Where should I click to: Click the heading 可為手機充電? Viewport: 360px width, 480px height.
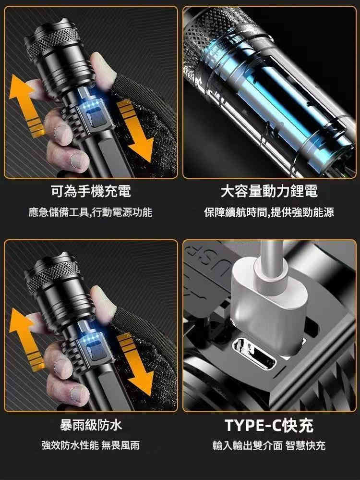coord(91,191)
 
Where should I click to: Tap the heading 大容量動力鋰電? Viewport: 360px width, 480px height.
coord(269,191)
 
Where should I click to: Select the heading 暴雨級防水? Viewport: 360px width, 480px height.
coord(91,425)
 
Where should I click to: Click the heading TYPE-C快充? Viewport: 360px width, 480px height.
coord(269,425)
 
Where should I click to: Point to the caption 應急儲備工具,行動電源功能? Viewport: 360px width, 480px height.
coord(91,212)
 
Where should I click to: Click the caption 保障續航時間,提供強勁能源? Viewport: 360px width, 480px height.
coord(269,212)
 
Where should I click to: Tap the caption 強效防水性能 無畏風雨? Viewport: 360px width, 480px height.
coord(91,445)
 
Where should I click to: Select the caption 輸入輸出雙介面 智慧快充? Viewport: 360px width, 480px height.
coord(269,445)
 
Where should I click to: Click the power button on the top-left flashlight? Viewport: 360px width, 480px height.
coord(96,120)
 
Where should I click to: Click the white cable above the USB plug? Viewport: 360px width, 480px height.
coord(272,257)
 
